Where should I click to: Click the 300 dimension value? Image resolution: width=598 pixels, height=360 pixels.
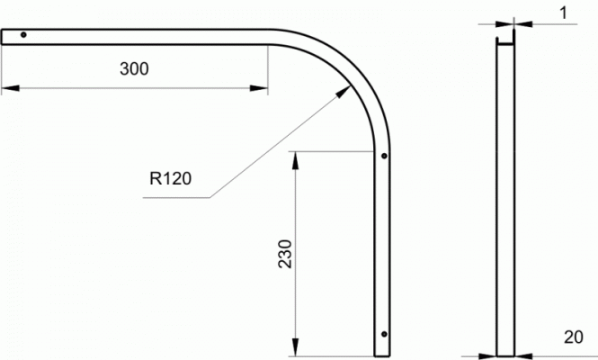(x=134, y=69)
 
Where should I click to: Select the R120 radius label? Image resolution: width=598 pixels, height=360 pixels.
(x=170, y=179)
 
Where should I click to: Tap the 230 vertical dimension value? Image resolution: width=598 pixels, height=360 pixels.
(x=285, y=254)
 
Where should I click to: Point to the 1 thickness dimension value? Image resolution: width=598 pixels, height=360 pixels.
(x=563, y=13)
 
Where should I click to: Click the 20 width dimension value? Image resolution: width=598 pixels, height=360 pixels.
(x=573, y=337)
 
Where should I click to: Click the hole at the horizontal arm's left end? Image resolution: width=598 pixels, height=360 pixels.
(x=23, y=35)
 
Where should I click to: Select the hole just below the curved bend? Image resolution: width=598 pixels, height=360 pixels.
(x=384, y=156)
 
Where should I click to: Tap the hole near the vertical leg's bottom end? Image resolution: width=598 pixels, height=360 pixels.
(x=384, y=334)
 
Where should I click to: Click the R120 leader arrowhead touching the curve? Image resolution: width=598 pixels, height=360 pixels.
(x=344, y=92)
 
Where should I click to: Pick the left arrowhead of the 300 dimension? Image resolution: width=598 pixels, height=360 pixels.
(x=10, y=88)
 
